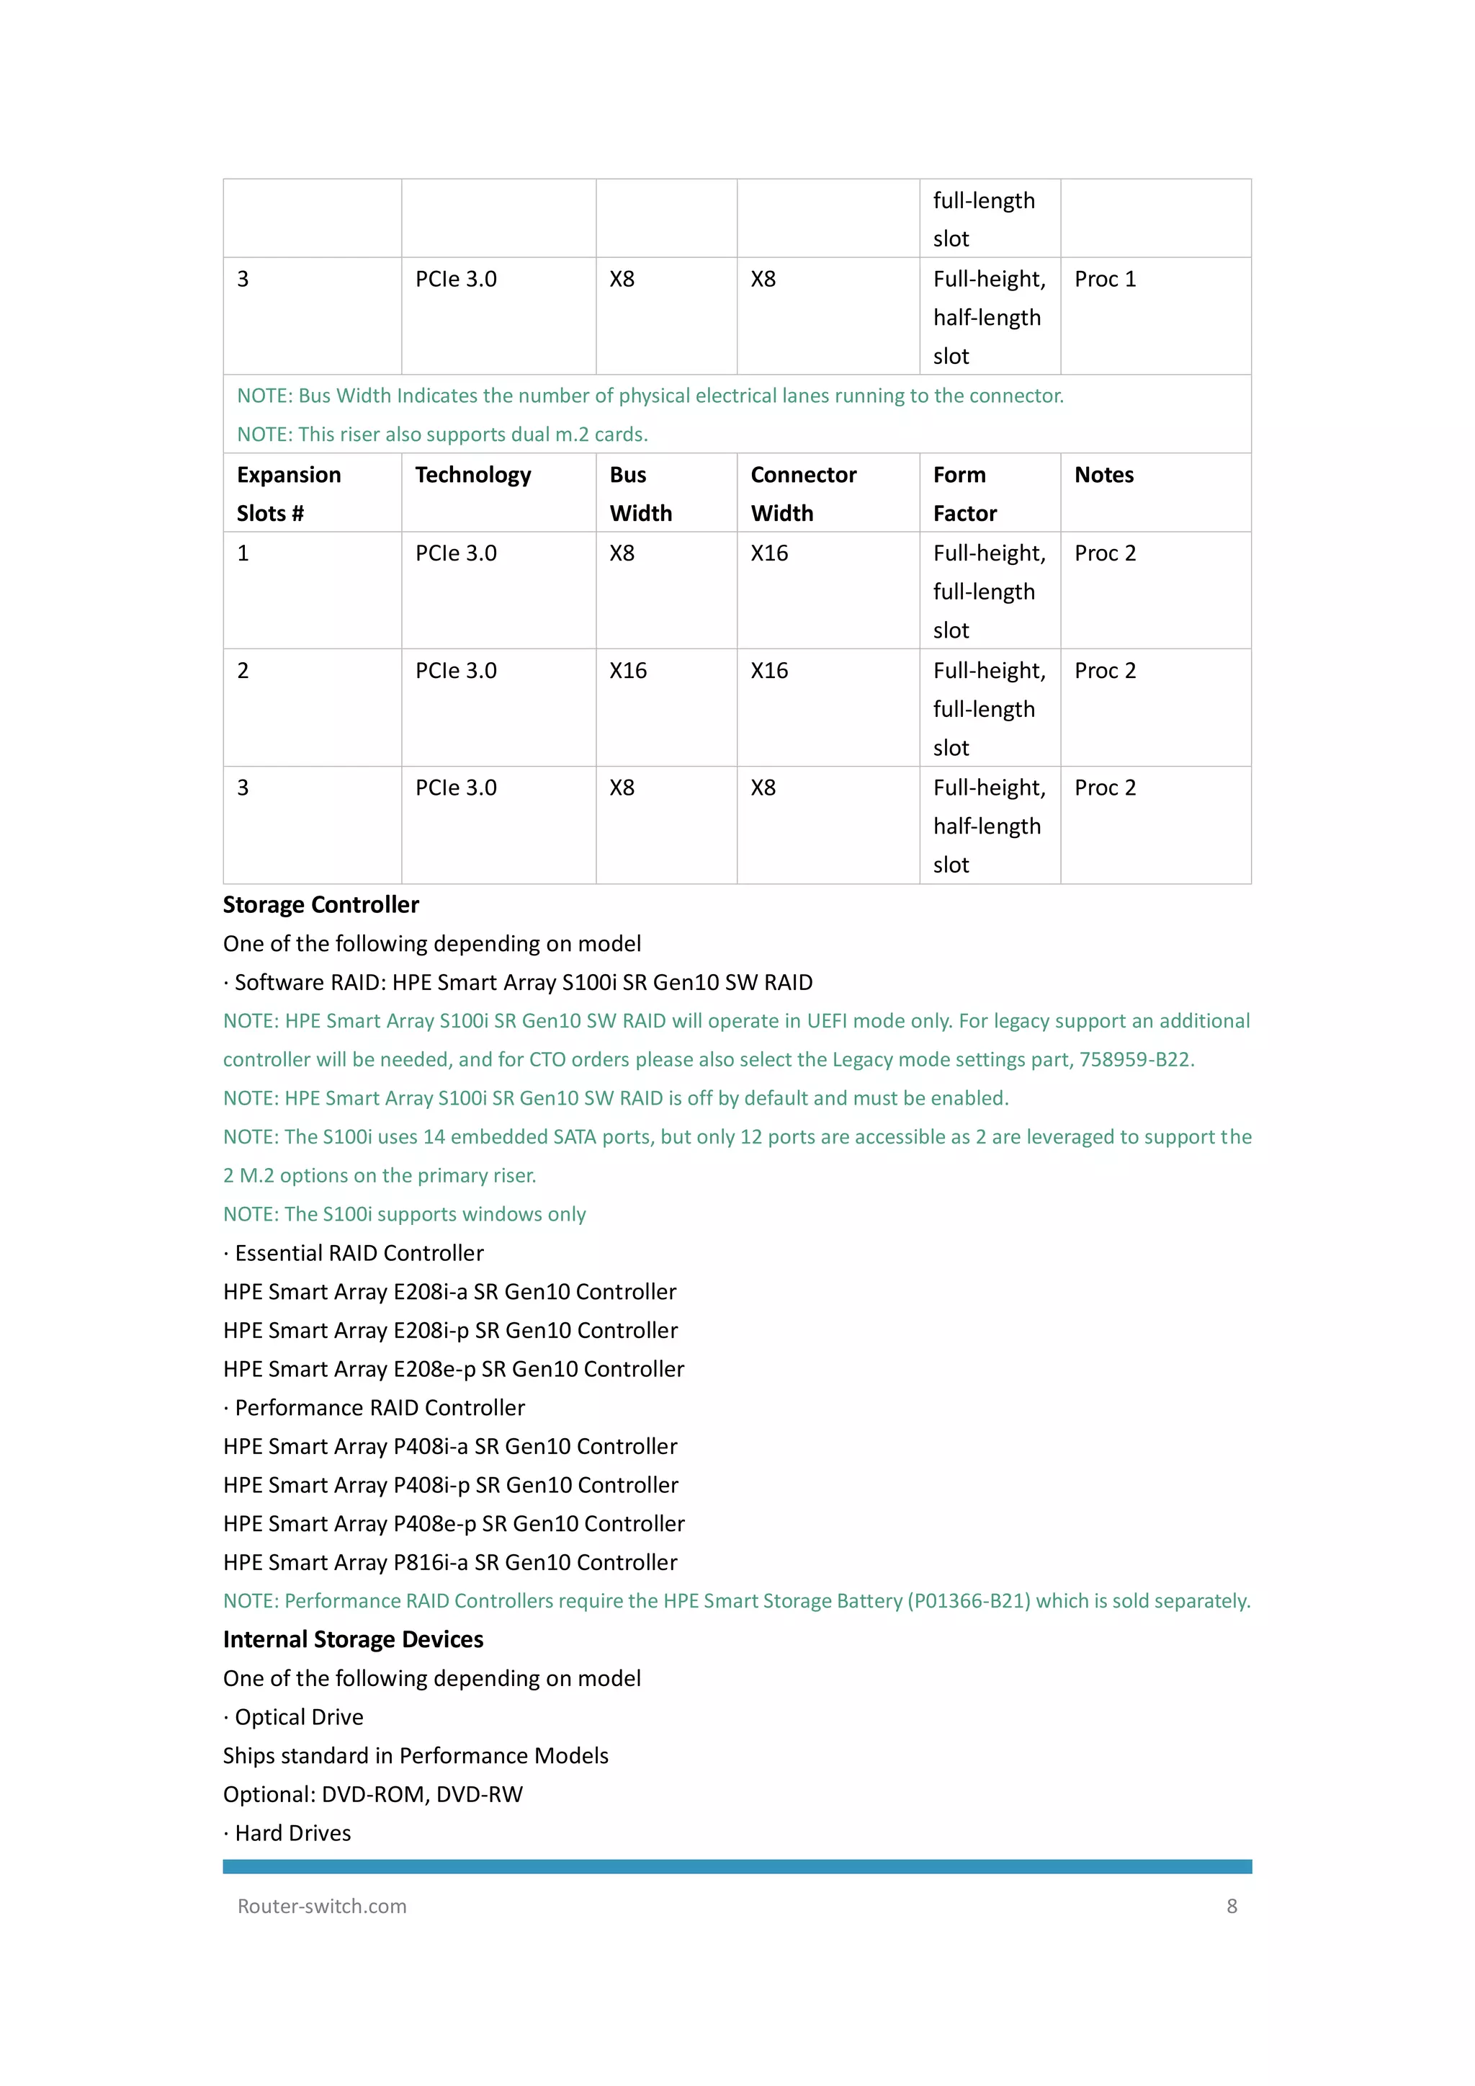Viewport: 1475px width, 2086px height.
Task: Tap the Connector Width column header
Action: [803, 494]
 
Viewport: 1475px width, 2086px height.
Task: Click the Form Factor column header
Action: [964, 494]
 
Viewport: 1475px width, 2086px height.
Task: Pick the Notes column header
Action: [1103, 475]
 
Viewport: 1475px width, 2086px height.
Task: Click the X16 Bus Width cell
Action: [627, 671]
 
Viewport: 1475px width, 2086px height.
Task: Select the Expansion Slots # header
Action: [289, 494]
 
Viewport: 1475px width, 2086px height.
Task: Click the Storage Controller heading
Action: [320, 905]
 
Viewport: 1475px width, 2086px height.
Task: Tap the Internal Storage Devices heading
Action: [354, 1639]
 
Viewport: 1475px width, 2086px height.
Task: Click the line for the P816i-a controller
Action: [450, 1563]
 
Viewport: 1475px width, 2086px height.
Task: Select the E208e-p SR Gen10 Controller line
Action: [453, 1369]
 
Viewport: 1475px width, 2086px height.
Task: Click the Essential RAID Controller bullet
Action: [358, 1253]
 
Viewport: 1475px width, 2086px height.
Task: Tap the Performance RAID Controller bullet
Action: [379, 1407]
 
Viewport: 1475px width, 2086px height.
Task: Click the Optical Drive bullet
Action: [298, 1717]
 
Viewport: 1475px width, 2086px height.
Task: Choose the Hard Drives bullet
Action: [292, 1833]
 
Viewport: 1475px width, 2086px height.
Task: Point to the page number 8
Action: [1232, 1906]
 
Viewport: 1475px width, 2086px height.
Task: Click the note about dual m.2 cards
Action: [442, 434]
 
